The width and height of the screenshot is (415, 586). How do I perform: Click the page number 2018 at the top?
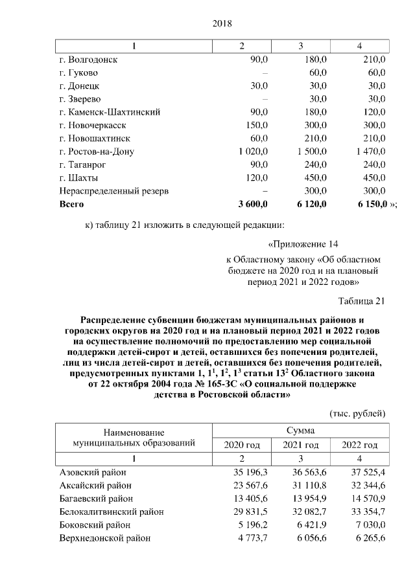coord(222,23)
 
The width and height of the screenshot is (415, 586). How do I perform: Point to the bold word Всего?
coord(71,205)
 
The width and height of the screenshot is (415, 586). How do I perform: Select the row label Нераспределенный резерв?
coord(113,191)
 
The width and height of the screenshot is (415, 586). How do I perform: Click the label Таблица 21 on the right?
coord(362,300)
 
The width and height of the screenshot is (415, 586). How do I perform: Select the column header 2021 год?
coord(301,445)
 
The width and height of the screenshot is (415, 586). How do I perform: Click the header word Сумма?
coord(300,431)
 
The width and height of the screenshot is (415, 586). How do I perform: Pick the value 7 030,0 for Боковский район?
coord(370,524)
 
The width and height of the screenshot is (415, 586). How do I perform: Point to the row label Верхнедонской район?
coord(104,538)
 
